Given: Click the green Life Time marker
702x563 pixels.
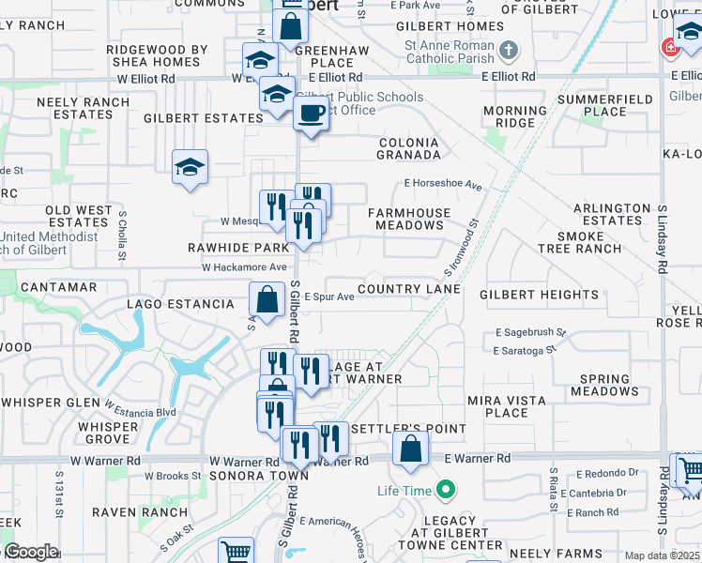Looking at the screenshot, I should point(447,490).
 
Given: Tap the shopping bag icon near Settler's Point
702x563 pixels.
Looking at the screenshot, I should point(410,449).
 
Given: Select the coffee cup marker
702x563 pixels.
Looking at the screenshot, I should point(311,114).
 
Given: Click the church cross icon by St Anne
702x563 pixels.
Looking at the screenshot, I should point(508,50).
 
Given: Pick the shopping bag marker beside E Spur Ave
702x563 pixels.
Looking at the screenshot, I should point(267,300).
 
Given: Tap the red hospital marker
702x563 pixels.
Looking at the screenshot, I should point(670,47).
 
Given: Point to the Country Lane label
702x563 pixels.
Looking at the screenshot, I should point(408,289).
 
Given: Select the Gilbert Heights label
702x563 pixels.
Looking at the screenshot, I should point(539,295).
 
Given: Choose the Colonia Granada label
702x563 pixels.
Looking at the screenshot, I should point(408,148).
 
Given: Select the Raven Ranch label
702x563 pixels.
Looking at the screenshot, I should point(140,512).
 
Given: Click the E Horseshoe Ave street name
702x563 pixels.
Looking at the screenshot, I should point(443,185).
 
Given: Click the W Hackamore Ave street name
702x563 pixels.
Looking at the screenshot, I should point(244,267).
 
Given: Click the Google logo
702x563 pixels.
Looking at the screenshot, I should point(30,552).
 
